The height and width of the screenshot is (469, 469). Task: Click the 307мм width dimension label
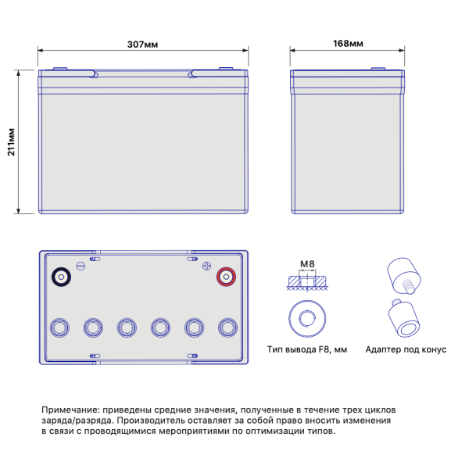pos(142,45)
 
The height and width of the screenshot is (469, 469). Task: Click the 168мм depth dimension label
pos(348,44)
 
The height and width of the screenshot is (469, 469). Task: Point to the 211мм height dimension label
pos(11,142)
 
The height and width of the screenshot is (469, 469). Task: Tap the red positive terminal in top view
pos(226,277)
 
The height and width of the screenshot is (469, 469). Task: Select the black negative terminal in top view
pos(61,277)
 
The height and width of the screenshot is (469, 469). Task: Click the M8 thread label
pos(307,264)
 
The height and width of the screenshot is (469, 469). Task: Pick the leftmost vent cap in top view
pos(59,328)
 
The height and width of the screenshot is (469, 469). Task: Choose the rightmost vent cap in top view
pos(228,328)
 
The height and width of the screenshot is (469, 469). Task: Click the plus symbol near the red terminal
pos(206,266)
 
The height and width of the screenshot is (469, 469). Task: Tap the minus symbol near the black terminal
pos(81,266)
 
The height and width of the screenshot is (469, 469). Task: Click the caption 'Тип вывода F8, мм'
pos(307,349)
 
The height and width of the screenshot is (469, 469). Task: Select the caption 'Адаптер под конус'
pos(406,349)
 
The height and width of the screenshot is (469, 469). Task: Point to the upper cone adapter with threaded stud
pos(404,276)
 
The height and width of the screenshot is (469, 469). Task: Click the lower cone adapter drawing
pos(404,318)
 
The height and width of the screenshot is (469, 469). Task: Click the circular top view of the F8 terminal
pos(307,319)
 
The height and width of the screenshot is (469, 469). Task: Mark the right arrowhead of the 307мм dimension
pos(245,50)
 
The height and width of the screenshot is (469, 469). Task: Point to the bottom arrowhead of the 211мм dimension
pos(19,210)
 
